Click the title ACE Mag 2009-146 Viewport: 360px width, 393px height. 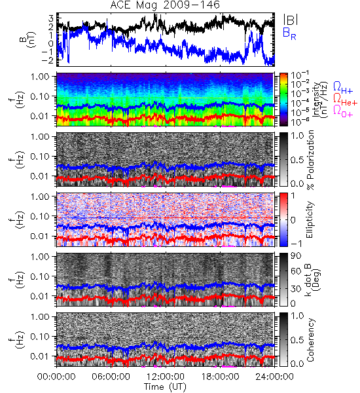tap(165, 5)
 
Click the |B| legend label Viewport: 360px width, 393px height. tap(291, 20)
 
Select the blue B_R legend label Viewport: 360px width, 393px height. tap(289, 33)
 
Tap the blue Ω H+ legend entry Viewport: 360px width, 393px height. tap(343, 88)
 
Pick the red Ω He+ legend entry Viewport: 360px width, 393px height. tap(345, 100)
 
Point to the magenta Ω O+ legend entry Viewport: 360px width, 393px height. tap(343, 111)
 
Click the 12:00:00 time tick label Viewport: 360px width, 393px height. tap(166, 377)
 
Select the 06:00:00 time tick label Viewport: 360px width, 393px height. tap(111, 377)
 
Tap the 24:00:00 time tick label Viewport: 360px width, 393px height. tap(274, 377)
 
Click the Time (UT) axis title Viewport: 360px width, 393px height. tap(165, 386)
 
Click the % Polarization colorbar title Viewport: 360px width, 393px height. tap(311, 160)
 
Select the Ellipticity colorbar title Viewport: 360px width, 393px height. tap(310, 219)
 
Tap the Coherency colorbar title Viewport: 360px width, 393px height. tap(310, 340)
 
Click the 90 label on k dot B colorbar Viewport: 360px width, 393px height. tap(296, 255)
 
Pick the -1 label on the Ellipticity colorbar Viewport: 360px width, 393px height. tap(296, 243)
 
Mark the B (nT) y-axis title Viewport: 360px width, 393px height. tap(28, 39)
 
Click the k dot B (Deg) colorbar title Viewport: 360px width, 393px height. tap(312, 280)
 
